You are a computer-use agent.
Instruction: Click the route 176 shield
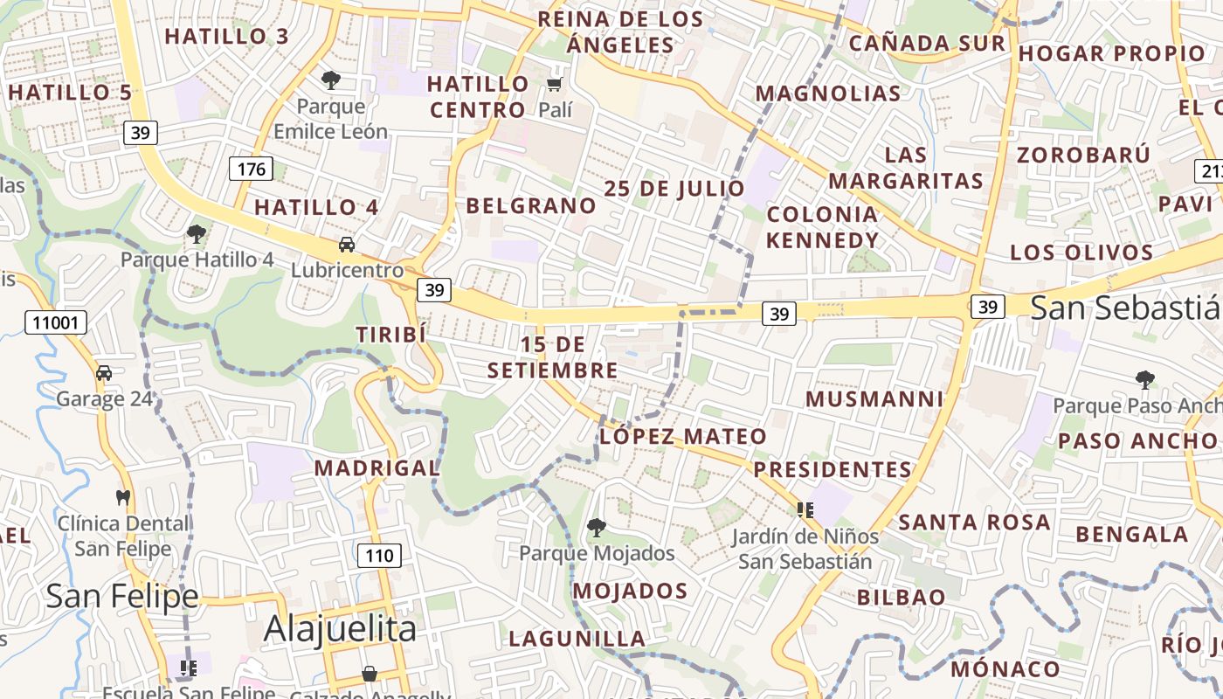coord(251,169)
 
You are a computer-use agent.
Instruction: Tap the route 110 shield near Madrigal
coord(379,555)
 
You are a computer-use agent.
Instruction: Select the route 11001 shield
coord(56,322)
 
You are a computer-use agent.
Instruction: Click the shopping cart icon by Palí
coord(554,85)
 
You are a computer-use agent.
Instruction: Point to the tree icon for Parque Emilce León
coord(330,80)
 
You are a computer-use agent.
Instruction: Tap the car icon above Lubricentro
coord(347,244)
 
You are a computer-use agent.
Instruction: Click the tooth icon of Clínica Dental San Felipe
coord(123,497)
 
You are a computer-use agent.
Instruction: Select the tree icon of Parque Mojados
coord(597,527)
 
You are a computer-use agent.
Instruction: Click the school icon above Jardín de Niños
coord(805,509)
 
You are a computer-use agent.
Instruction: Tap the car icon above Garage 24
coord(104,373)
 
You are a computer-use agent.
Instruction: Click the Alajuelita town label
coord(340,628)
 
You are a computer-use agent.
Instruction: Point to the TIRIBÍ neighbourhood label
coord(390,335)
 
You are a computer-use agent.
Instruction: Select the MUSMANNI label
coord(874,399)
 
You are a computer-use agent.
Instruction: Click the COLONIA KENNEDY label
coord(822,227)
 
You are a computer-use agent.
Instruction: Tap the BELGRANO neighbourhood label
coord(531,206)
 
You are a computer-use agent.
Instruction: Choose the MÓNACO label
coord(1005,669)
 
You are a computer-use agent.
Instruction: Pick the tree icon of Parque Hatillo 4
coord(197,233)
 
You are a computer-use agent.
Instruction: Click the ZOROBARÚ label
coord(1083,155)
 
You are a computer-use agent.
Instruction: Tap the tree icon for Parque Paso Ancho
coord(1145,379)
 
